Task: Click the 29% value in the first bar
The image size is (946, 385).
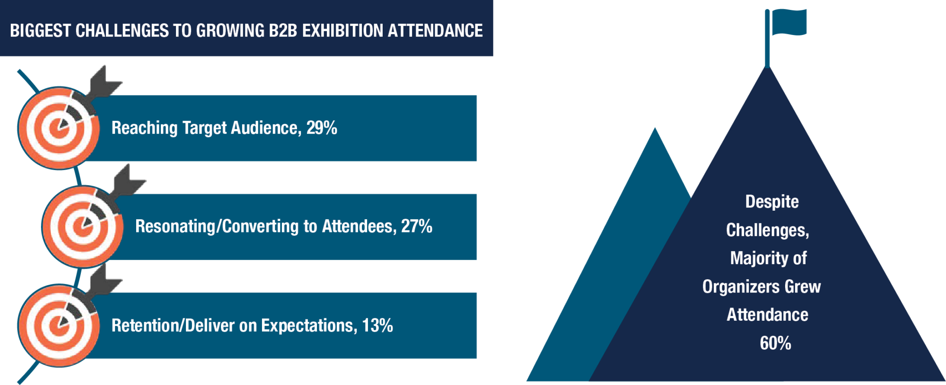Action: click(x=322, y=128)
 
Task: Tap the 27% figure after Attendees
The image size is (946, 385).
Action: click(x=417, y=226)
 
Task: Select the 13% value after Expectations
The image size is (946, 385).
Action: click(x=377, y=325)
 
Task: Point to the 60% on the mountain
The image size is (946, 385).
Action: click(x=775, y=343)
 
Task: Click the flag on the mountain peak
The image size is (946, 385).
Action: click(x=789, y=22)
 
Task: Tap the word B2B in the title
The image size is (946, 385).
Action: click(x=283, y=31)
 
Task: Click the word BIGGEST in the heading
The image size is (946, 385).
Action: click(x=40, y=31)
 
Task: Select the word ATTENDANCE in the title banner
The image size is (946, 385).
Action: click(x=435, y=31)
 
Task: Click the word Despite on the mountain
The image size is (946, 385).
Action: click(x=772, y=202)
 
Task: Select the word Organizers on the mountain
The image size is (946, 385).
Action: click(x=741, y=287)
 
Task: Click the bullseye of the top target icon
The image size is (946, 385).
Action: click(x=59, y=128)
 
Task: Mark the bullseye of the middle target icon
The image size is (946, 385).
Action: click(x=83, y=227)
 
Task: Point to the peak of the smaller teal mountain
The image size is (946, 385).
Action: click(x=655, y=128)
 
